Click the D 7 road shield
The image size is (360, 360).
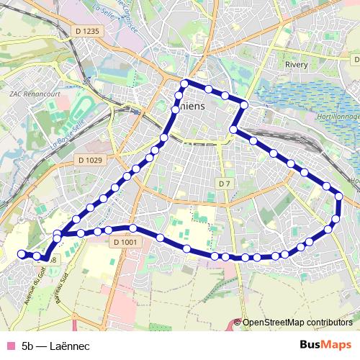(224, 184)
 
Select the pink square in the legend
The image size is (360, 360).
(11, 346)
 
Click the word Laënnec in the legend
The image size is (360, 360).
(71, 346)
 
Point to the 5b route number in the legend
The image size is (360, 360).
(29, 346)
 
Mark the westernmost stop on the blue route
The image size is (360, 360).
(21, 253)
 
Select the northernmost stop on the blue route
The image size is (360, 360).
(185, 83)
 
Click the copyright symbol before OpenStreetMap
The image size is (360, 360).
(238, 323)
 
